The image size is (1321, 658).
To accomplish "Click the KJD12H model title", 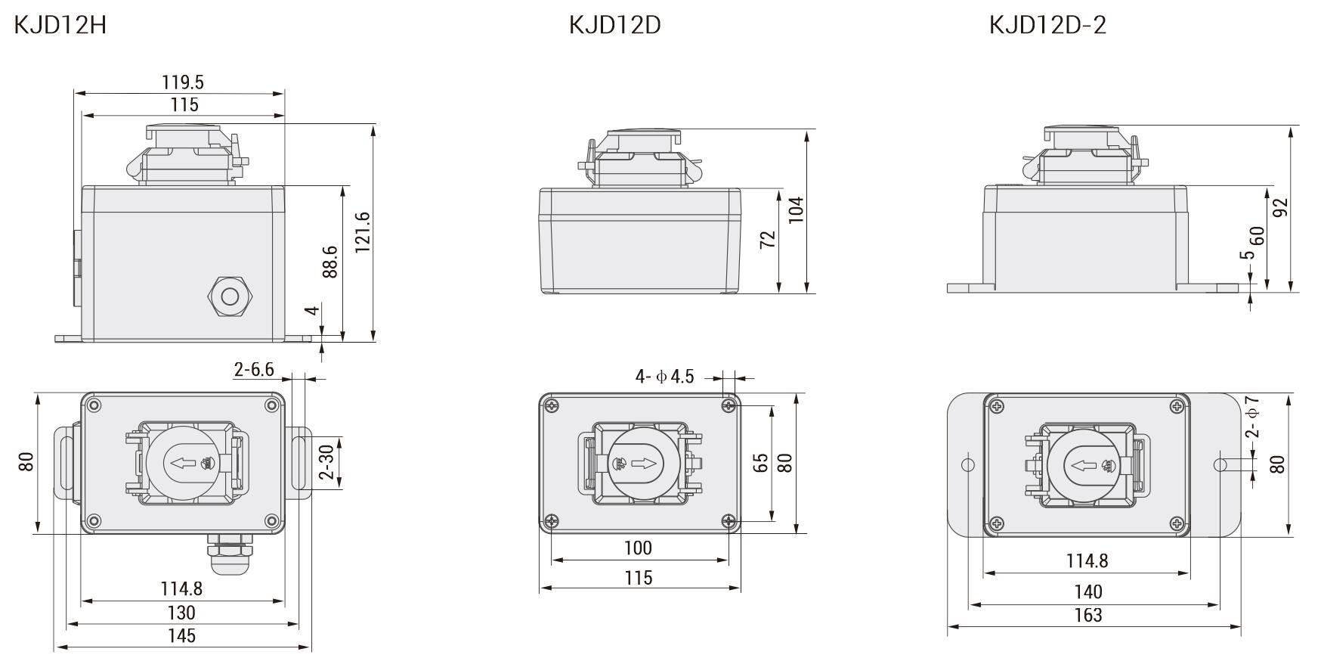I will pos(60,25).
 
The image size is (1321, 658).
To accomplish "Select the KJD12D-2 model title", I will pos(1047,25).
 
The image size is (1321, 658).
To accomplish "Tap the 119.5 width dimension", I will pos(183,82).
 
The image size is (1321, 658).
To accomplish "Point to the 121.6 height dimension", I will pos(363,232).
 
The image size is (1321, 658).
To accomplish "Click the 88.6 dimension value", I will pos(330,262).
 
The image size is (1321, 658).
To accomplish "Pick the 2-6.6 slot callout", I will pos(254,370).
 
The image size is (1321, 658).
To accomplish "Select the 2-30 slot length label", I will pos(326,462).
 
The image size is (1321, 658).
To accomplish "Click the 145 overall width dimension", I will pos(181,635).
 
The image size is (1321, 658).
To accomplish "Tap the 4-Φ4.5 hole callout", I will pos(664,376).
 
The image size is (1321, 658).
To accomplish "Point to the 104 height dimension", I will pos(796,210).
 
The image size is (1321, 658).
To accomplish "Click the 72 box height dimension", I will pos(767,240).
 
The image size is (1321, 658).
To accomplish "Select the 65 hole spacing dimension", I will pos(760,463).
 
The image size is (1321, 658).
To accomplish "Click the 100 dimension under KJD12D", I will pos(638,547).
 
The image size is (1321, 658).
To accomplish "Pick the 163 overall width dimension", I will pos(1087,615).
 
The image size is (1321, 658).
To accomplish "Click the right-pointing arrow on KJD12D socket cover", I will pos(644,463).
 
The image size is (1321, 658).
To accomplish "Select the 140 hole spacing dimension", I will pos(1087,591).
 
